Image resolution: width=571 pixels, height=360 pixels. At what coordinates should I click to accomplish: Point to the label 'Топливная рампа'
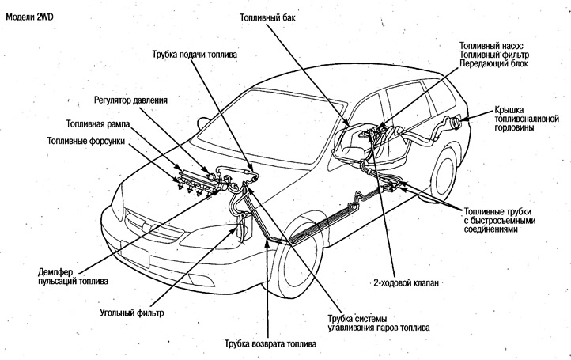(97, 123)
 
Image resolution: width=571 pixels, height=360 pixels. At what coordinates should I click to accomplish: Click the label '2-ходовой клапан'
(406, 281)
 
